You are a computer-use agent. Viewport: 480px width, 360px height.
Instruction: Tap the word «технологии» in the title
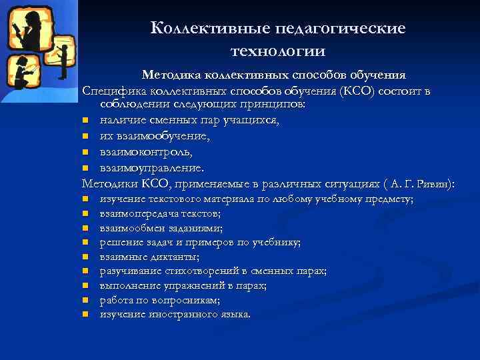click(278, 51)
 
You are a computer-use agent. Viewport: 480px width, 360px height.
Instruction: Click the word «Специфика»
click(109, 91)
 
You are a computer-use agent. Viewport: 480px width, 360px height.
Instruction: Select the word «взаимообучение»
click(154, 136)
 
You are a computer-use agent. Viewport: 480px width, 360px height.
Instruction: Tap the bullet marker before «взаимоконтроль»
click(86, 152)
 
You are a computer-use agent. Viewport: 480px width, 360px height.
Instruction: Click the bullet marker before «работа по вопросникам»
click(86, 301)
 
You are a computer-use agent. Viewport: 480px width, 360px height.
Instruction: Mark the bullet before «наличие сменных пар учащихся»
click(86, 121)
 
